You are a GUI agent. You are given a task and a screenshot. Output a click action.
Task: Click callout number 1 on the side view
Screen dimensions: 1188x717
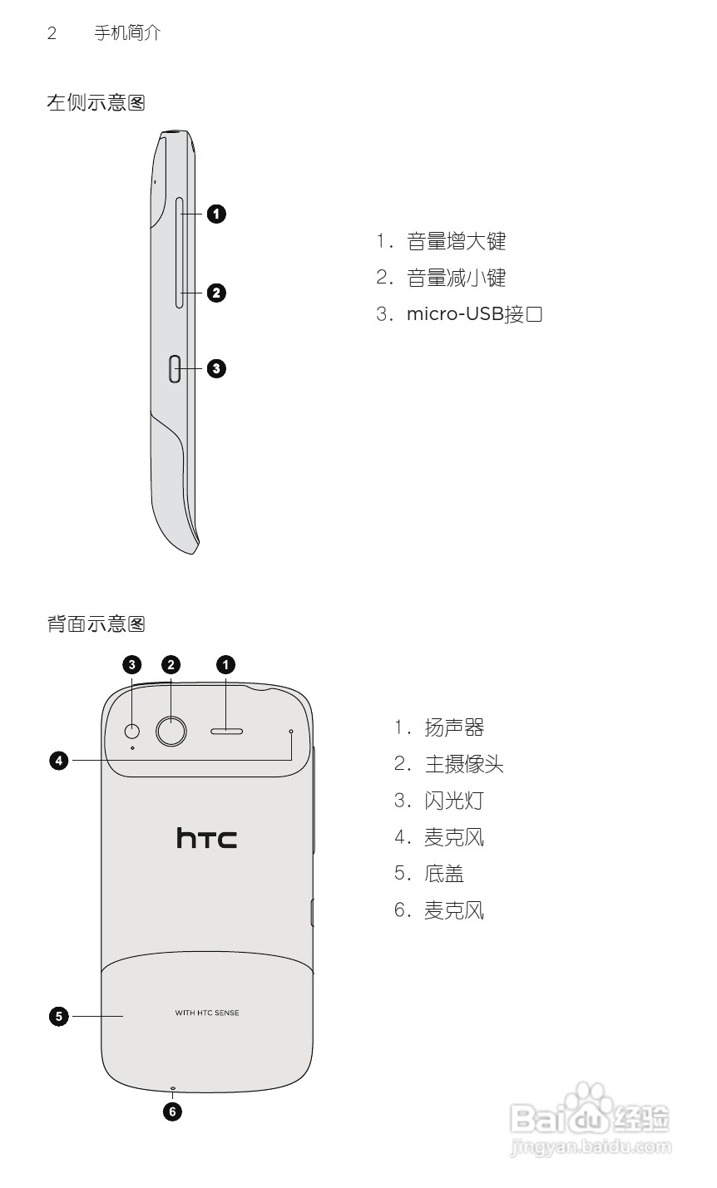click(215, 214)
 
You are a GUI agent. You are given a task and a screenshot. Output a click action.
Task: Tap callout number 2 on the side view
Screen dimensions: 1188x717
click(215, 293)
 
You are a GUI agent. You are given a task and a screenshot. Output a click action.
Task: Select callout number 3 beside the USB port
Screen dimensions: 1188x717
click(215, 368)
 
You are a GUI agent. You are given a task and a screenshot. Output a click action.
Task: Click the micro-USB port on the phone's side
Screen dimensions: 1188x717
click(175, 368)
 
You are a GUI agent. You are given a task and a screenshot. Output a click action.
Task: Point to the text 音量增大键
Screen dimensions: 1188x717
click(456, 242)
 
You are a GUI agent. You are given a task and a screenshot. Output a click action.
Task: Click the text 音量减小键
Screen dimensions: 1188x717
click(456, 278)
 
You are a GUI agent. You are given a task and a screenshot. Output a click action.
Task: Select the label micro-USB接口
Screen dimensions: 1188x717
click(474, 314)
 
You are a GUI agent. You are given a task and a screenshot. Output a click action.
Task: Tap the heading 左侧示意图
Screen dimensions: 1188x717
click(96, 103)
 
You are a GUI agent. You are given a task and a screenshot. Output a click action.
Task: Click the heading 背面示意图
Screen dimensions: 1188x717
click(96, 624)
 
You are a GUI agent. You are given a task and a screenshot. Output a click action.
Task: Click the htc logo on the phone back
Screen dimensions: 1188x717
click(206, 837)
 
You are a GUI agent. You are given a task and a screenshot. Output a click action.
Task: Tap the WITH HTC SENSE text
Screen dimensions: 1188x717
click(207, 1013)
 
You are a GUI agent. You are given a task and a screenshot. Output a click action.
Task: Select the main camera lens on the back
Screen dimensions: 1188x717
click(171, 731)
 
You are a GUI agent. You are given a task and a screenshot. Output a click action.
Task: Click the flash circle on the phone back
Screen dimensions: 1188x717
click(132, 731)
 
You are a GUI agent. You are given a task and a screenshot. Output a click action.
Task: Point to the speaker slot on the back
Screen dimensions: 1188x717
click(226, 732)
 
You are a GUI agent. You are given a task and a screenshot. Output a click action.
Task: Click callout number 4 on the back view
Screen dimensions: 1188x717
click(58, 760)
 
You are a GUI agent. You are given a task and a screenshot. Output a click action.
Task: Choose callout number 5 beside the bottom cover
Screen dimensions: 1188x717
click(58, 1015)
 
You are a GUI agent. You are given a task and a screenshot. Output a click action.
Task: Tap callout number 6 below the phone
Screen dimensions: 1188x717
click(172, 1111)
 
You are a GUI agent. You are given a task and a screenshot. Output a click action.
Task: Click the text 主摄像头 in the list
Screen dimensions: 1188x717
click(464, 764)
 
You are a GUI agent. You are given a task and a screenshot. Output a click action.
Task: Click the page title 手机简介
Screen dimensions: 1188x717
click(127, 33)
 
